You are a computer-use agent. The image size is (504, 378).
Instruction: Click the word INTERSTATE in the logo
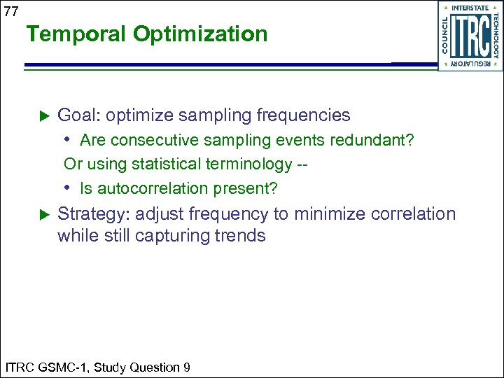point(470,8)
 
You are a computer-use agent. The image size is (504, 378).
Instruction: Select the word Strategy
point(93,214)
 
